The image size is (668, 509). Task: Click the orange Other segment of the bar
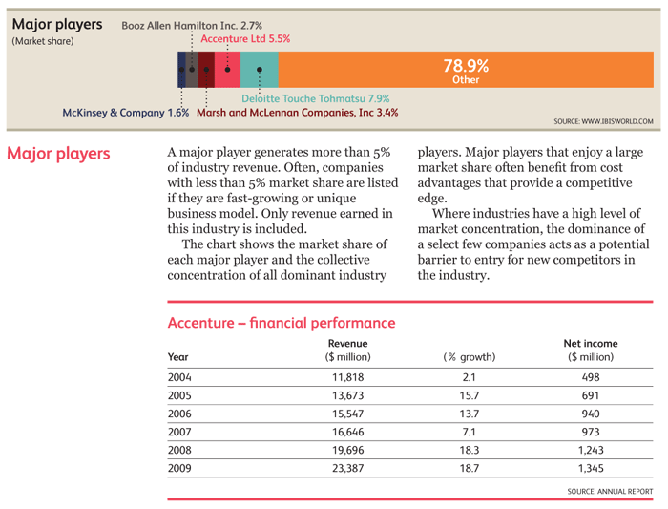point(466,70)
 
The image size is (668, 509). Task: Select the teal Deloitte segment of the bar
point(260,70)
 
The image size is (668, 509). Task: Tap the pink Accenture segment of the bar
point(227,70)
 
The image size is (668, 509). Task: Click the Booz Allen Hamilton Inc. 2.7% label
point(192,26)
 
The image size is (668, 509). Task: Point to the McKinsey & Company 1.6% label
point(126,113)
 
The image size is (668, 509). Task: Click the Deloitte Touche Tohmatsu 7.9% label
point(316,98)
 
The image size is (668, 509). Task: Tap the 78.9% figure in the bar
point(466,66)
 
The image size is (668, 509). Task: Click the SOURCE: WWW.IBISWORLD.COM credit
point(603,121)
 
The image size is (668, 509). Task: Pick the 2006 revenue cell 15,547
point(348,414)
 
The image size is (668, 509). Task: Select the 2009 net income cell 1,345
point(591,468)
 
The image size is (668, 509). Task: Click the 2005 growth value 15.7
point(470,395)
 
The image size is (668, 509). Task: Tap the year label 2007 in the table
point(179,432)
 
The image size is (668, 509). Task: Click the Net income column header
point(591,343)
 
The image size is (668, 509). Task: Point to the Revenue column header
point(347,343)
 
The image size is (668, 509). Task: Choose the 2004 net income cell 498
point(591,377)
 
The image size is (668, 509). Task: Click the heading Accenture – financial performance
point(282,323)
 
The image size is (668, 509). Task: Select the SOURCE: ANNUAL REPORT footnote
point(610,492)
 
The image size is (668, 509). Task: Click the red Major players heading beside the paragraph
point(58,154)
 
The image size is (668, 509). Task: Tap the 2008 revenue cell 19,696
point(348,450)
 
